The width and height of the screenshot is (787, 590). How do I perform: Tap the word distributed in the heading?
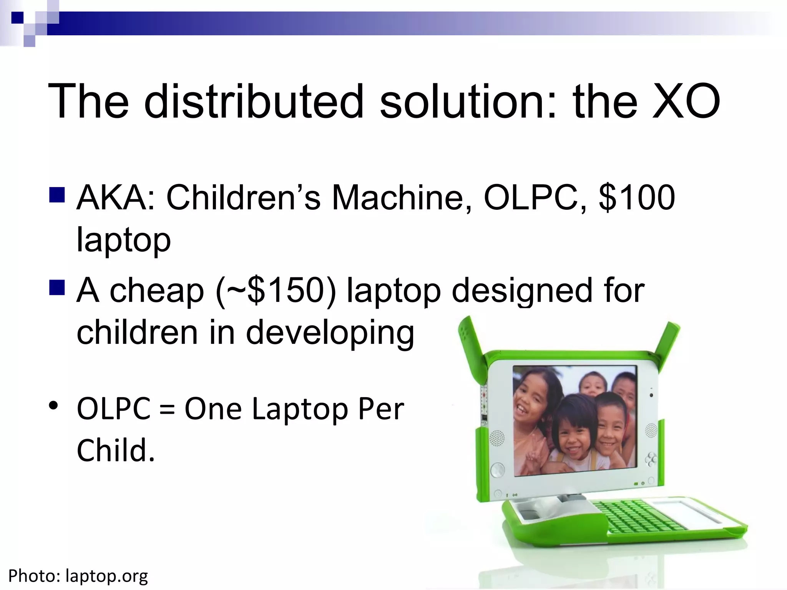254,102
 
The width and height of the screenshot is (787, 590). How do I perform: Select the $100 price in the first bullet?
636,197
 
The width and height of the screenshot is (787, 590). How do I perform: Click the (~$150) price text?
276,291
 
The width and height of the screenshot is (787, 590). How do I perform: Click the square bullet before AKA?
57,195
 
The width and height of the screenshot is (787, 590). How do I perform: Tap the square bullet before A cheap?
57,287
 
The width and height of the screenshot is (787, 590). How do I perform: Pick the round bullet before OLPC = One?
53,406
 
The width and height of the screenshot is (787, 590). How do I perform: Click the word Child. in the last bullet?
115,450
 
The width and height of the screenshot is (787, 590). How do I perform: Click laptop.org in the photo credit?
106,576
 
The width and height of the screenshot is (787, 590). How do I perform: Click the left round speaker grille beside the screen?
497,438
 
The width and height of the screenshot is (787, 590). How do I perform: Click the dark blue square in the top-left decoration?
17,18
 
